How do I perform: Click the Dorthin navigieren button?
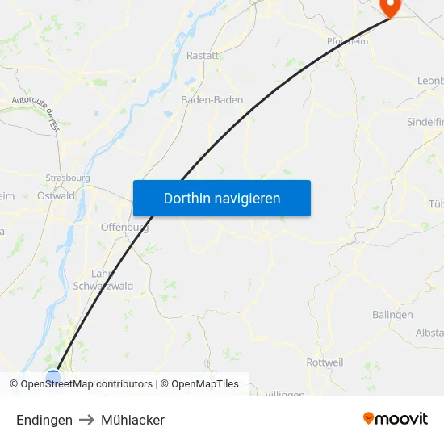point(222,198)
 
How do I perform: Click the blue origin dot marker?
point(53,376)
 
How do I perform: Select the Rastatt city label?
point(202,56)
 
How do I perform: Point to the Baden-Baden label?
point(212,100)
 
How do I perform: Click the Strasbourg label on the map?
point(68,178)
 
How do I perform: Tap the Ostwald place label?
point(57,195)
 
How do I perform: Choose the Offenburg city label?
point(124,228)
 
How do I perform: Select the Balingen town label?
point(392,315)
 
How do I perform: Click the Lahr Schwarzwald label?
point(103,279)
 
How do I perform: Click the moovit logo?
point(396,418)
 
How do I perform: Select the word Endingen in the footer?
point(44,420)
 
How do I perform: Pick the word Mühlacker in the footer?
point(132,420)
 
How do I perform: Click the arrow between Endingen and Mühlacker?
point(86,420)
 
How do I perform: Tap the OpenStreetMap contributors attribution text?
point(86,384)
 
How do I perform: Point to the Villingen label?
point(284,394)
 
